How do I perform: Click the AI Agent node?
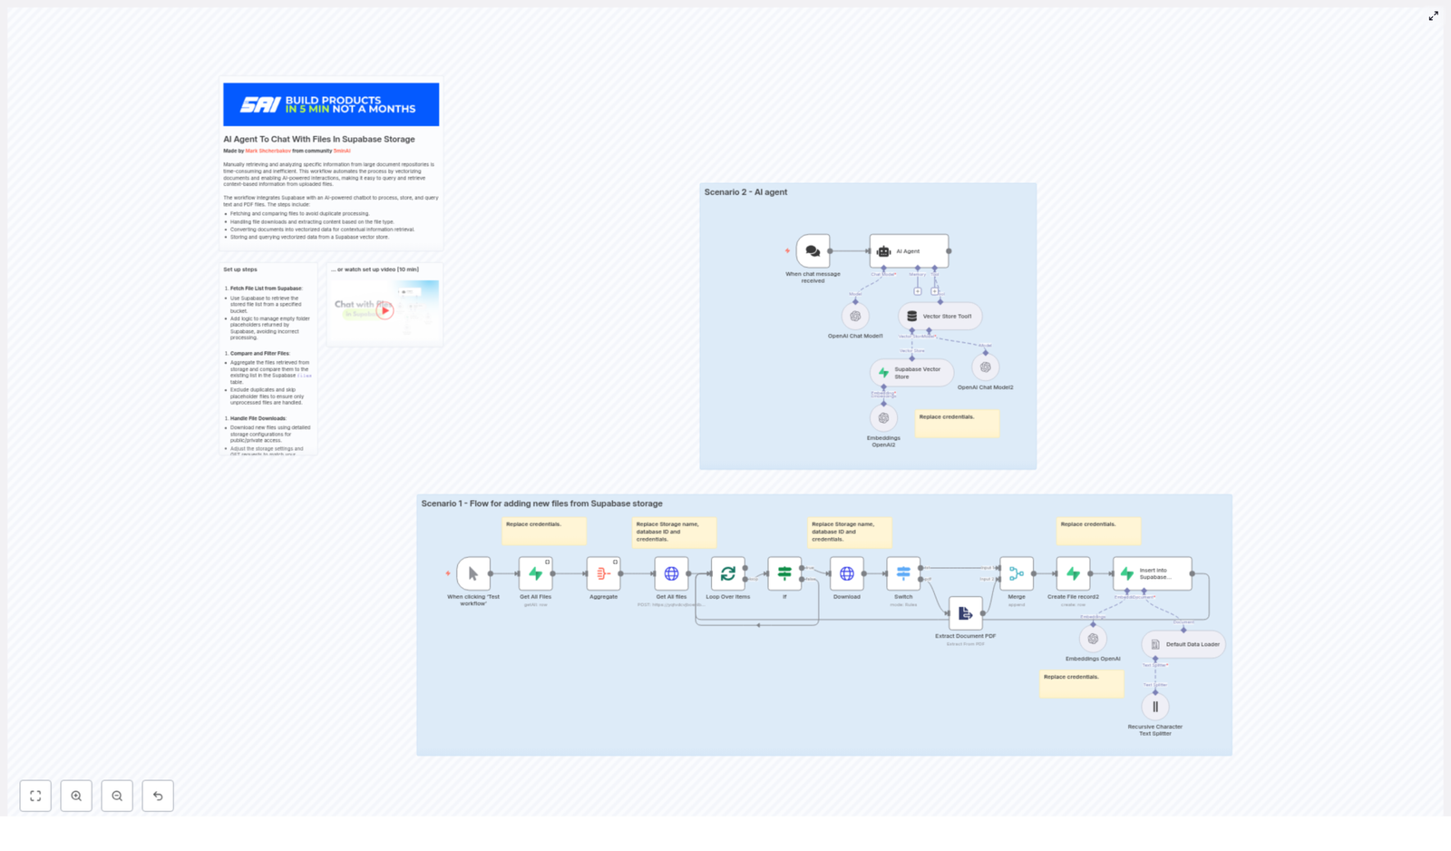tap(909, 251)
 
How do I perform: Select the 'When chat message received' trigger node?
tap(813, 251)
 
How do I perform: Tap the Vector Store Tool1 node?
tap(940, 316)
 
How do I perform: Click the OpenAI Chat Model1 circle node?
tap(855, 316)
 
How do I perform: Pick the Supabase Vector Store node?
tap(911, 373)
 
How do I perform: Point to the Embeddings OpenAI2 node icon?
tap(883, 418)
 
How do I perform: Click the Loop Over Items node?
tap(727, 573)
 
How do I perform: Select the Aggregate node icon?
tap(603, 573)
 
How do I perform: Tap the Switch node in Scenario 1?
tap(903, 573)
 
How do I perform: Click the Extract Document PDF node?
tap(965, 613)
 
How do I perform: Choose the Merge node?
tap(1016, 573)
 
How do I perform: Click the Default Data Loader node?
tap(1183, 644)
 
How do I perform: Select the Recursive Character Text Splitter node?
tap(1154, 707)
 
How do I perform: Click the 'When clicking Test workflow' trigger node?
tap(473, 573)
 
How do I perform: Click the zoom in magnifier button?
tap(76, 796)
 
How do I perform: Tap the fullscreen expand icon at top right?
tap(1434, 15)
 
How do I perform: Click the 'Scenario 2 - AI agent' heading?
tap(745, 192)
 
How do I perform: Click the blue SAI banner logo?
tap(331, 104)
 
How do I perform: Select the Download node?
tap(846, 573)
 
